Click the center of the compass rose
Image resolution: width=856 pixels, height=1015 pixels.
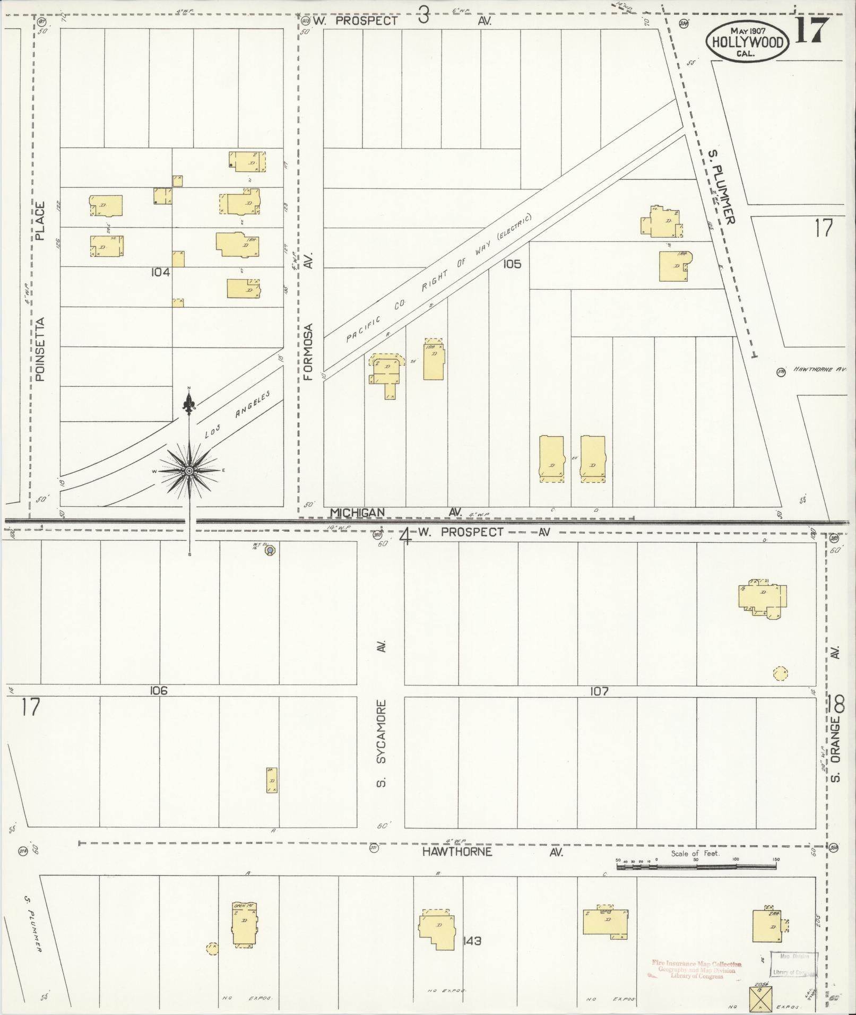pos(189,471)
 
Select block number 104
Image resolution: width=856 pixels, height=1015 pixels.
pos(160,272)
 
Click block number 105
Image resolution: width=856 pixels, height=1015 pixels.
pos(512,264)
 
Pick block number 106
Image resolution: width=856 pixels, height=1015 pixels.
pos(159,691)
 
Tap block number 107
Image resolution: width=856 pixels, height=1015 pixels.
pos(598,691)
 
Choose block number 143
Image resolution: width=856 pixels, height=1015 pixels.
pos(471,941)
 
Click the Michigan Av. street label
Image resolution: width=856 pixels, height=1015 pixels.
pos(357,513)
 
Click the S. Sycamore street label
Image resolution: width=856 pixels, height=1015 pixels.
pos(382,743)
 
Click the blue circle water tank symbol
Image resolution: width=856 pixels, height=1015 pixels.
pos(271,551)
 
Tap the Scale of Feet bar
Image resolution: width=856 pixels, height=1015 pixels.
pos(696,866)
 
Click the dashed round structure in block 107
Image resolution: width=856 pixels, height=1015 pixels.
pos(780,673)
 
